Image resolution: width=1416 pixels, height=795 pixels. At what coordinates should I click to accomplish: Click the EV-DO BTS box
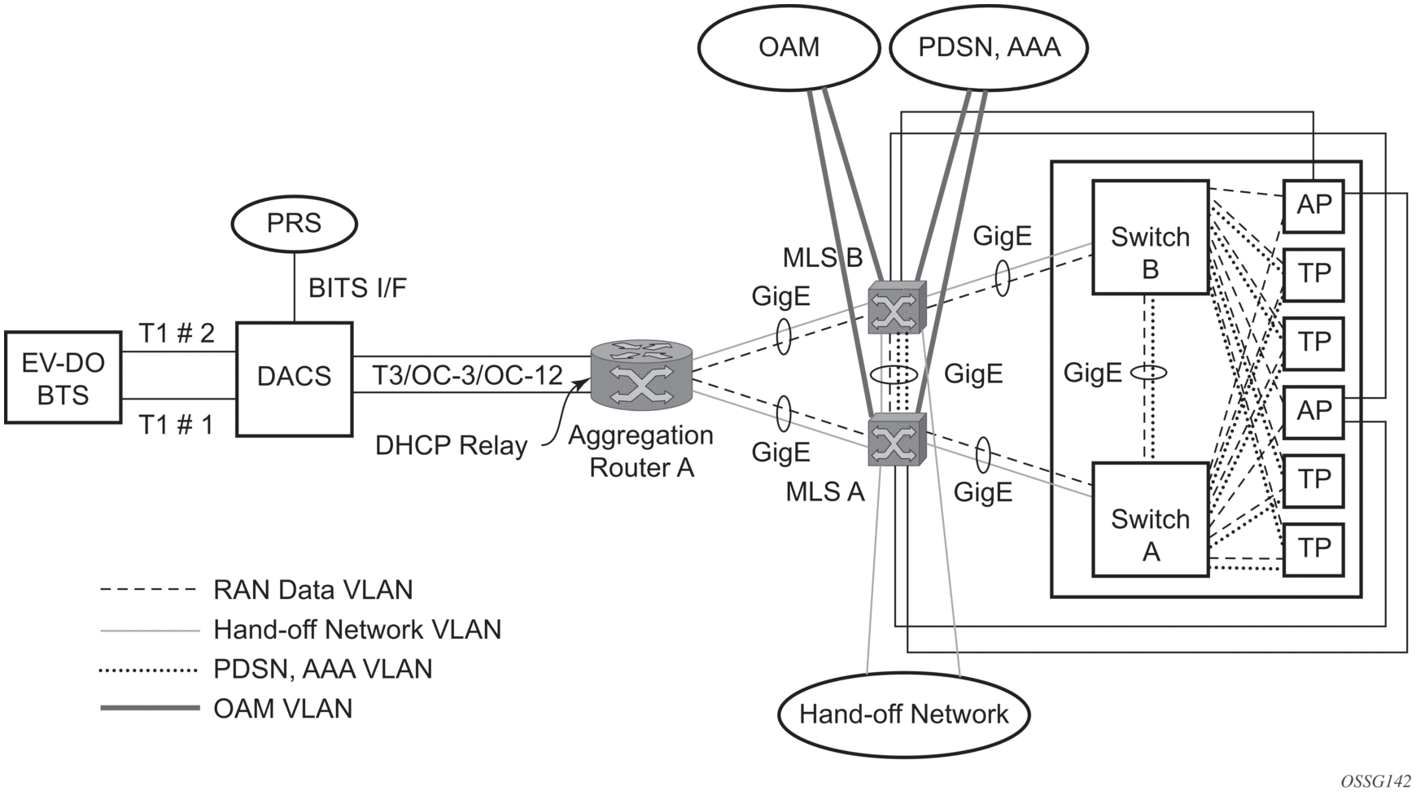click(x=63, y=378)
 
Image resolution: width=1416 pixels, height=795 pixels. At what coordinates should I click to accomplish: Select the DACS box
click(x=294, y=379)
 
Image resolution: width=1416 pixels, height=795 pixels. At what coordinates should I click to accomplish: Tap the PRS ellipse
click(x=294, y=223)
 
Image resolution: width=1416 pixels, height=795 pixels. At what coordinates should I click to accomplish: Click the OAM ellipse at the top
click(x=789, y=47)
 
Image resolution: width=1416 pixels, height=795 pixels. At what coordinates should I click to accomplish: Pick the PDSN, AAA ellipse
click(x=989, y=47)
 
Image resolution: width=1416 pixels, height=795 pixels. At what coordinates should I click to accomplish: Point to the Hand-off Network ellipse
click(x=903, y=714)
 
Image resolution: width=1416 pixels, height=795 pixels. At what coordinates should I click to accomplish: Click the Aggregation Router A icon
click(x=641, y=375)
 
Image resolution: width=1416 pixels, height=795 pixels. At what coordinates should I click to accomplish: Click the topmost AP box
click(x=1313, y=204)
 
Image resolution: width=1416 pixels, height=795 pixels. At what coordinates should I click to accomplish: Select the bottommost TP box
click(x=1313, y=548)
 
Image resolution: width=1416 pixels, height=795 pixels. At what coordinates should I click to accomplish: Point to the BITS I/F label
click(x=357, y=288)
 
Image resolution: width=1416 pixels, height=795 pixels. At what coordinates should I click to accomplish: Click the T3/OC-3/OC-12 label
click(x=468, y=375)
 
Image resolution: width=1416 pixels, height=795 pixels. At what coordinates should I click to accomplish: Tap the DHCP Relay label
click(x=451, y=446)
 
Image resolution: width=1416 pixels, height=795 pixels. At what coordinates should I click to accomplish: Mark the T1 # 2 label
click(x=177, y=333)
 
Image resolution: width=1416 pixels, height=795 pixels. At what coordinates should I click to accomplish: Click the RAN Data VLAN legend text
click(x=312, y=590)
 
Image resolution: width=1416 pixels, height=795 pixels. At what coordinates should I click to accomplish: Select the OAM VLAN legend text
click(x=282, y=709)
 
